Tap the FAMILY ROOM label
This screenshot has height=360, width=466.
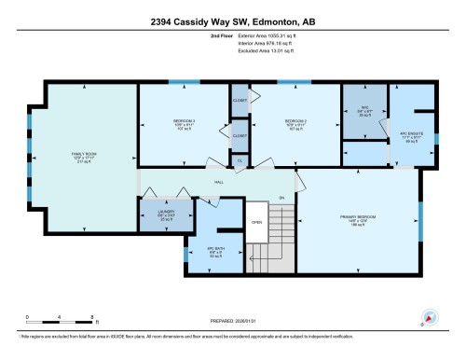point(85,158)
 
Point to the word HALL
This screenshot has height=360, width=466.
point(218,182)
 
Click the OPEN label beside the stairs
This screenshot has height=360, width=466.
point(256,222)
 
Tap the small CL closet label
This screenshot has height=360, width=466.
point(240,160)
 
